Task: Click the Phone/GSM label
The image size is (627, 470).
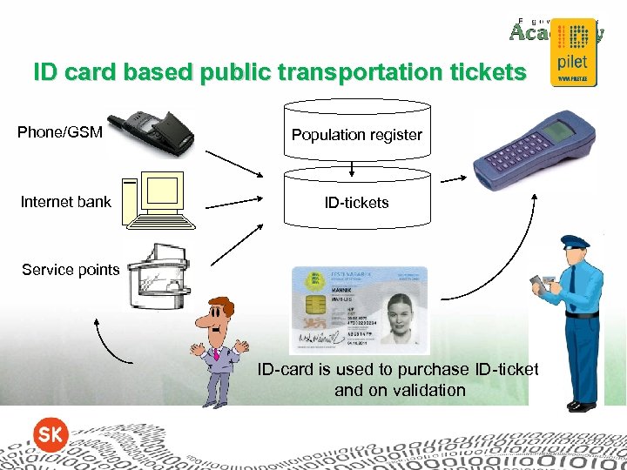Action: click(60, 132)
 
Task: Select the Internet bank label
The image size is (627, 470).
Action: click(66, 202)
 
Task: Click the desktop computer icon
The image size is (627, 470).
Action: click(156, 199)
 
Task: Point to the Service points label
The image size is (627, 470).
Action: click(71, 270)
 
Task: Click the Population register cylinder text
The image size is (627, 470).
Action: click(356, 135)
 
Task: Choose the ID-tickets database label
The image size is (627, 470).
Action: click(356, 203)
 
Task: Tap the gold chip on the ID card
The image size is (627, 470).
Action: click(315, 305)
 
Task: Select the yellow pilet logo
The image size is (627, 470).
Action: click(571, 53)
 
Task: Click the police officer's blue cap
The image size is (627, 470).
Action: click(575, 243)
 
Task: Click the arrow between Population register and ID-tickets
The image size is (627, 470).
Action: click(351, 168)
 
